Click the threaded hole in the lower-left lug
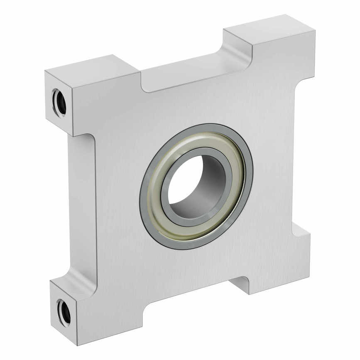coord(64,312)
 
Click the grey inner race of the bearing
coord(166,195)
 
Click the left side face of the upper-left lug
coord(58,104)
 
